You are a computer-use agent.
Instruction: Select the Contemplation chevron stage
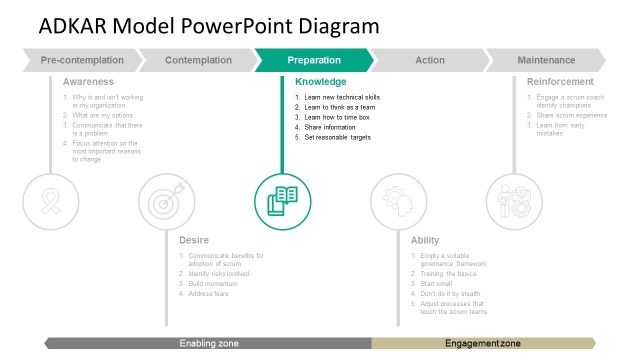tap(197, 60)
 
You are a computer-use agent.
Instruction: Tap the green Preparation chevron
tap(314, 60)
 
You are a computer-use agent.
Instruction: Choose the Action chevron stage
tap(430, 60)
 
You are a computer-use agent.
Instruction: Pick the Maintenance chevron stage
tap(546, 60)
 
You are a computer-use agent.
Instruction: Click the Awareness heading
tap(88, 81)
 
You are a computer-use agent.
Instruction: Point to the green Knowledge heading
tap(321, 81)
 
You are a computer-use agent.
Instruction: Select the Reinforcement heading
tap(560, 81)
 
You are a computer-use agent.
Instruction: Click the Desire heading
tap(194, 240)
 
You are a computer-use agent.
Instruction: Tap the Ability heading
tap(425, 240)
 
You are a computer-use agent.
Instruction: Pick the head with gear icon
tap(398, 201)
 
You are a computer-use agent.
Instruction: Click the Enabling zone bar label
tap(209, 344)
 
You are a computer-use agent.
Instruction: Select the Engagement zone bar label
tap(483, 344)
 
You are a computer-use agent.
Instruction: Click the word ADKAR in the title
tap(76, 26)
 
